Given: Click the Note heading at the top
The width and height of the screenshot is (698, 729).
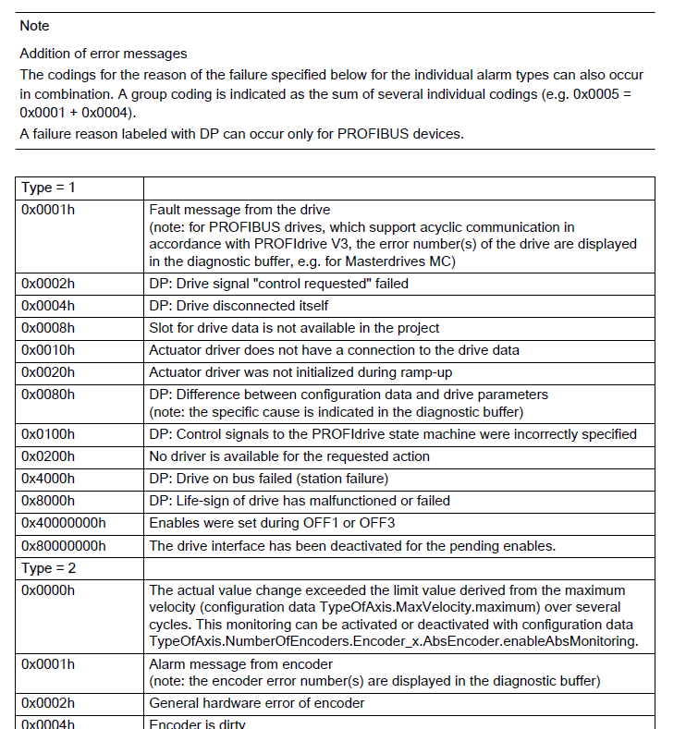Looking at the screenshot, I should point(34,26).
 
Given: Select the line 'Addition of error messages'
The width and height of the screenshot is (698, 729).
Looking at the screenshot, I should point(103,54).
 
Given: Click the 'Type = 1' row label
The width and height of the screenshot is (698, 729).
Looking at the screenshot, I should point(50,188).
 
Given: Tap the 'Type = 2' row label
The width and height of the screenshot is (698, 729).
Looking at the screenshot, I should point(50,568).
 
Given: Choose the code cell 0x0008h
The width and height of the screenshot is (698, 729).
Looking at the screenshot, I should point(48,328).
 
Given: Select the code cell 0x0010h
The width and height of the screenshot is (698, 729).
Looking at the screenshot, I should point(48,350).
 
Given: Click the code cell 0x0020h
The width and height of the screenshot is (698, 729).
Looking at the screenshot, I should point(48,372).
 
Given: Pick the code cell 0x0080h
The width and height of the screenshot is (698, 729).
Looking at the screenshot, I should point(48,395).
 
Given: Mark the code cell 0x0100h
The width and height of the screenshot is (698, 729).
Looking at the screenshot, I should point(48,433).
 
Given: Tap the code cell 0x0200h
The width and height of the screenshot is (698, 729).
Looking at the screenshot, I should point(48,456).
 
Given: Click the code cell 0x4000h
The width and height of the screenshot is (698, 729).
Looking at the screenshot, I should point(48,478).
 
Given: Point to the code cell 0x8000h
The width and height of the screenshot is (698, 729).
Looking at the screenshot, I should point(48,501).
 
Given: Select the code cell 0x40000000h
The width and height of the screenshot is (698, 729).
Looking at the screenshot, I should point(63,523).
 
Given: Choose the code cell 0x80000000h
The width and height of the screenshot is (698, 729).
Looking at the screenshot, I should point(63,545).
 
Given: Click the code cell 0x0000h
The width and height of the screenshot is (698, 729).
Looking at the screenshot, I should point(48,590).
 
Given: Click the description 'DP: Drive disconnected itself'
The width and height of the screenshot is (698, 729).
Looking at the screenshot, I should point(239,306).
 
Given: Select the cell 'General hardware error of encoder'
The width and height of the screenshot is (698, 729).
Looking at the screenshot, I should point(256,703).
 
